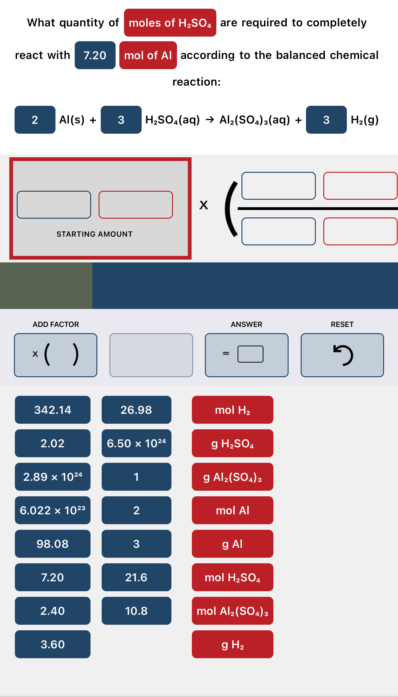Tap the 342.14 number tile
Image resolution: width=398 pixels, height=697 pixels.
(53, 410)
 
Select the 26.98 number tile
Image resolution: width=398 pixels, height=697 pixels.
(136, 410)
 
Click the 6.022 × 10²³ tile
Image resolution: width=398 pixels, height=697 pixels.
(53, 510)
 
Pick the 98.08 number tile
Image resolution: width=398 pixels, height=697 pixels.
(53, 544)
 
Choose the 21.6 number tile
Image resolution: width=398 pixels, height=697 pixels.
(136, 577)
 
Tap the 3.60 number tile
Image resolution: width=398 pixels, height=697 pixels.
(53, 644)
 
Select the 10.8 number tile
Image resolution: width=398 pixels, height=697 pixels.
(136, 611)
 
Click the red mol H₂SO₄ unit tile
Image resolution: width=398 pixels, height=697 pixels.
(232, 577)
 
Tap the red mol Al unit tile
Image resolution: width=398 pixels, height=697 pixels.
(232, 510)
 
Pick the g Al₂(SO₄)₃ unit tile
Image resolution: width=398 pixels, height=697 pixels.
(232, 477)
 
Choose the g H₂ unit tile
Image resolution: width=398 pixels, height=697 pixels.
(232, 644)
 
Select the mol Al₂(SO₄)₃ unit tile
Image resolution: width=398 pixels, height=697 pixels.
(232, 611)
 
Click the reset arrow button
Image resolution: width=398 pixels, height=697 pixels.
(342, 355)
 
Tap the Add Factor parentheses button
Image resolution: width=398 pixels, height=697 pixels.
(55, 355)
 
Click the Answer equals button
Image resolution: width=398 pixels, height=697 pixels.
(247, 355)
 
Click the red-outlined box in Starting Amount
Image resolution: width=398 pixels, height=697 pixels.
(136, 205)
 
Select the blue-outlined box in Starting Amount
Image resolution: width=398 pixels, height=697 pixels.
(54, 205)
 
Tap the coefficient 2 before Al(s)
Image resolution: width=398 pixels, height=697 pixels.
(35, 120)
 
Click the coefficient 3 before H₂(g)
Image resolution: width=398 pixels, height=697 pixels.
(326, 120)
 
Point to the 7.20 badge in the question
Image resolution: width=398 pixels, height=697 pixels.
(95, 55)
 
